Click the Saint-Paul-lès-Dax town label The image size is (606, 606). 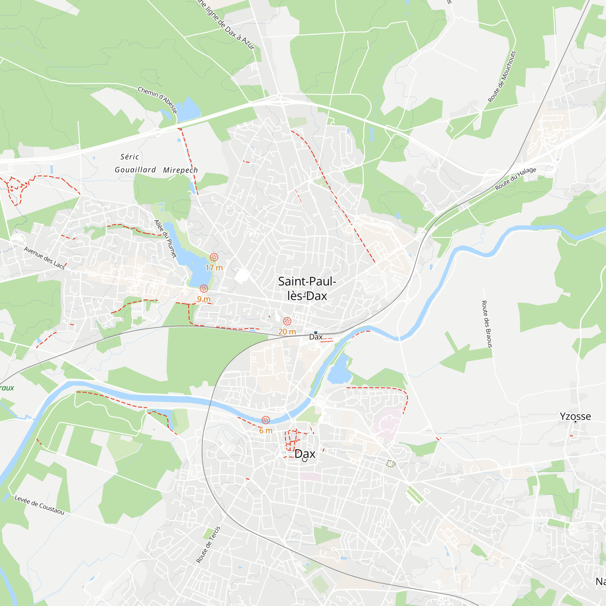tap(307, 288)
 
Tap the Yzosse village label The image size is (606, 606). tap(575, 416)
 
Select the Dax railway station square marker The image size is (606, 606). tap(315, 332)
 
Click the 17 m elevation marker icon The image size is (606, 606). tap(214, 257)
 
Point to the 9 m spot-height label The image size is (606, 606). tap(204, 299)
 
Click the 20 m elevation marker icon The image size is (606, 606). tap(287, 321)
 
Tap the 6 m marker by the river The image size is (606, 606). tap(266, 420)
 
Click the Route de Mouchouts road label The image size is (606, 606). tap(502, 77)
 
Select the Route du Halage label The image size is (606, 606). tap(516, 179)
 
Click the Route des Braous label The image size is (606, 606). tap(487, 324)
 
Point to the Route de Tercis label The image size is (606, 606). tap(208, 544)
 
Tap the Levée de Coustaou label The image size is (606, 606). tap(39, 505)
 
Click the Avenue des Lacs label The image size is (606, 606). tap(44, 258)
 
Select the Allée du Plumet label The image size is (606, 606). tap(165, 239)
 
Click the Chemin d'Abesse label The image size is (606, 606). tap(158, 100)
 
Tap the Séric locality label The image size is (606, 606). tap(130, 157)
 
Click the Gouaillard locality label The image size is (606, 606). tap(135, 170)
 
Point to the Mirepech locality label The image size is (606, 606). tap(180, 170)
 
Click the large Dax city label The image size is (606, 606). tap(305, 454)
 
